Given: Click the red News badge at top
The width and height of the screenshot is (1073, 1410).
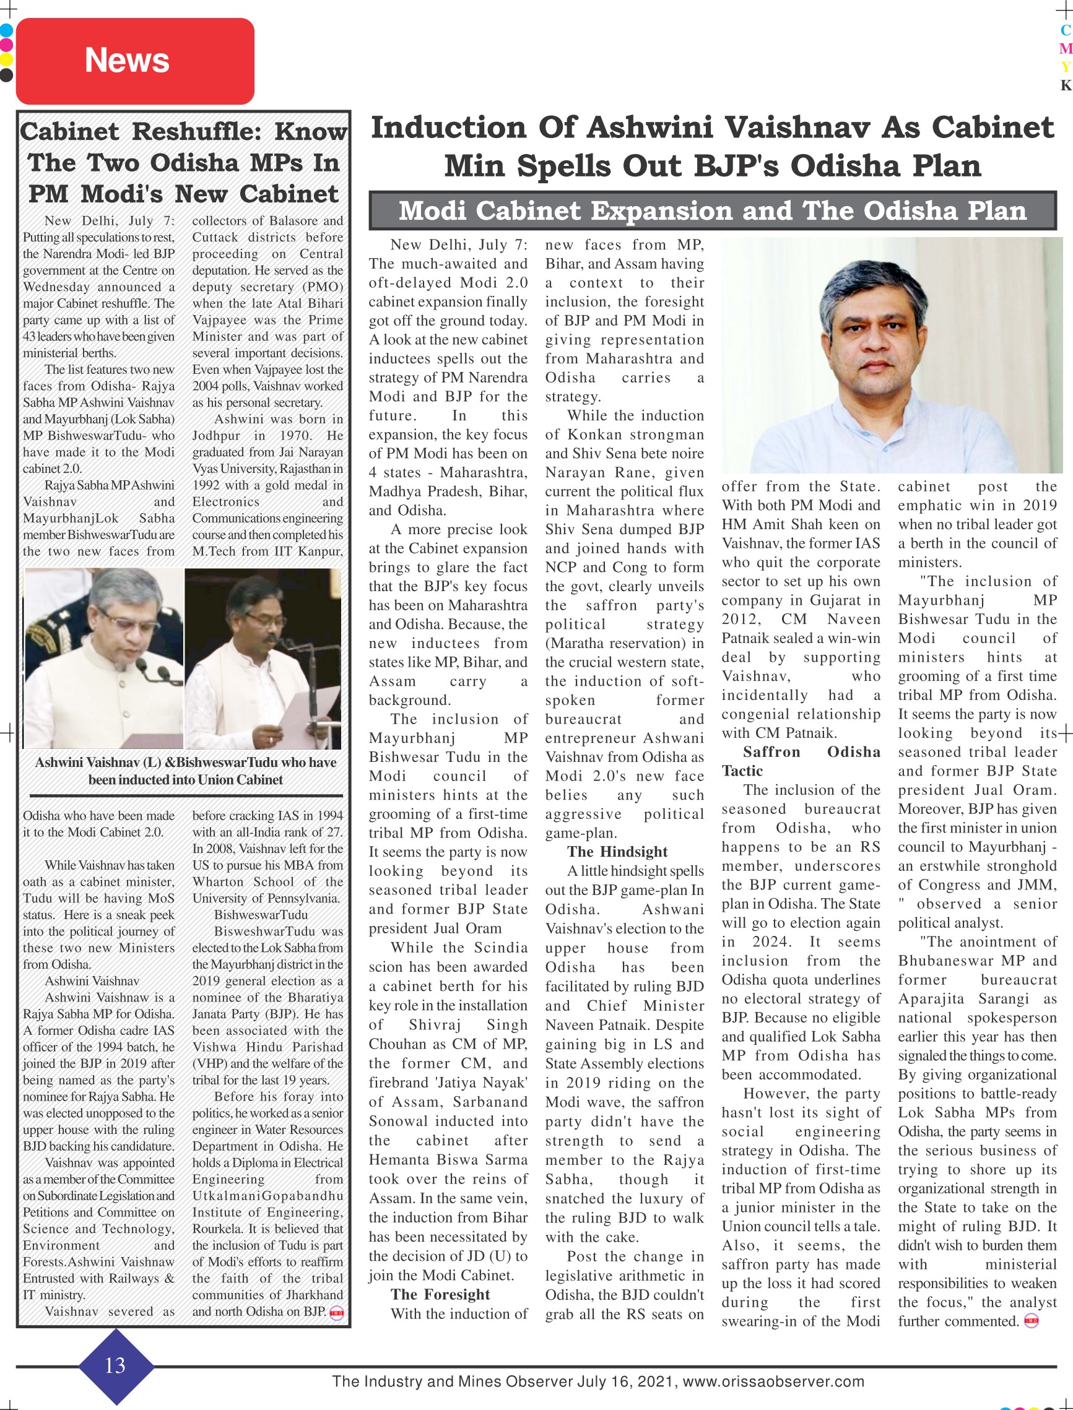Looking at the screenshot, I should tap(135, 61).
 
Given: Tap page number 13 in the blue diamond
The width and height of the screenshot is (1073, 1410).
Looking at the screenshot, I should tap(115, 1365).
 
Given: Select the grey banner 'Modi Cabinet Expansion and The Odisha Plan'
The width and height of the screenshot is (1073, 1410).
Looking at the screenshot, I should tap(712, 210).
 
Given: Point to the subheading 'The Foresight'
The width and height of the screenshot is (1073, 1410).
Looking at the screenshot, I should tap(440, 1294).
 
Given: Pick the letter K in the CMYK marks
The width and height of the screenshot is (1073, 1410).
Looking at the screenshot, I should tap(1066, 85).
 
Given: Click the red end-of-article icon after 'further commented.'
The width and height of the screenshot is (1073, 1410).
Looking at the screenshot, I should tap(1030, 1321).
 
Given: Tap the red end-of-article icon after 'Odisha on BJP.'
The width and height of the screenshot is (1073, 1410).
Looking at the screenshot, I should tap(337, 1313).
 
